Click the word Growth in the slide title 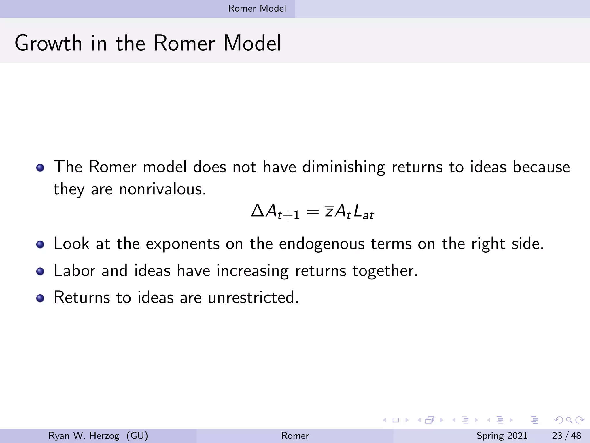click(48, 44)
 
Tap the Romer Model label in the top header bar click(257, 8)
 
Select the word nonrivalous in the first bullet click(162, 189)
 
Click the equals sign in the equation click(313, 212)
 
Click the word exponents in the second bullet click(183, 244)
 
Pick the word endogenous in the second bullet click(322, 244)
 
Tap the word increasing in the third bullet click(252, 271)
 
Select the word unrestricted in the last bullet click(253, 297)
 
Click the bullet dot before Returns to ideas click(40, 298)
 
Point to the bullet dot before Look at click(40, 245)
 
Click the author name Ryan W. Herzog click(84, 436)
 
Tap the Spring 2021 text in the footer click(502, 436)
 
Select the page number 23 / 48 click(566, 436)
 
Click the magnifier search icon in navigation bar click(569, 420)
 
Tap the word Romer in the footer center click(295, 436)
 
